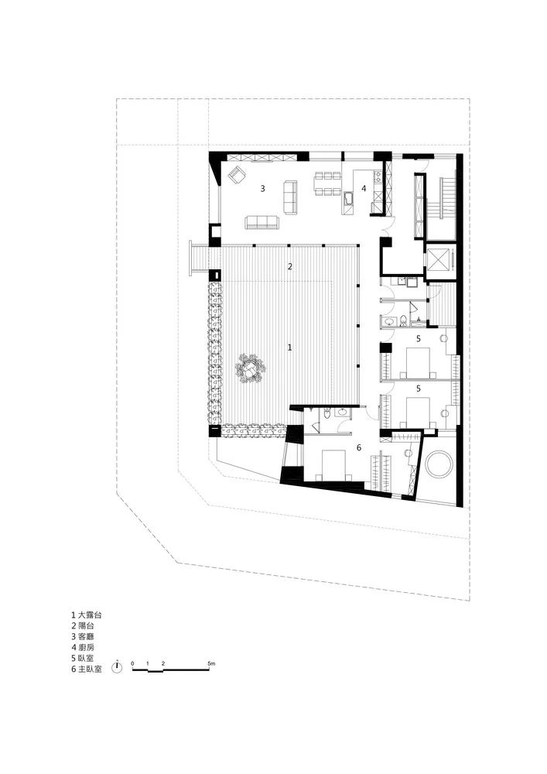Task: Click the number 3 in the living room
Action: pyautogui.click(x=263, y=188)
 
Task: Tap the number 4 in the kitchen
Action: pyautogui.click(x=364, y=188)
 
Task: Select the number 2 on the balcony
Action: pyautogui.click(x=290, y=266)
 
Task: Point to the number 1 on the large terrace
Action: pyautogui.click(x=289, y=348)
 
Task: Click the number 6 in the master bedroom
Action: pyautogui.click(x=359, y=447)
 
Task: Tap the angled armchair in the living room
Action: pyautogui.click(x=237, y=174)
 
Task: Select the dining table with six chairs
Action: pyautogui.click(x=328, y=183)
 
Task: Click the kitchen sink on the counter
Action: pyautogui.click(x=349, y=199)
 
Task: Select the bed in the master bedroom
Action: pyautogui.click(x=336, y=465)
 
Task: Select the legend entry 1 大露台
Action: pyautogui.click(x=87, y=615)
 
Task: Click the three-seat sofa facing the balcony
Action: pyautogui.click(x=262, y=222)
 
